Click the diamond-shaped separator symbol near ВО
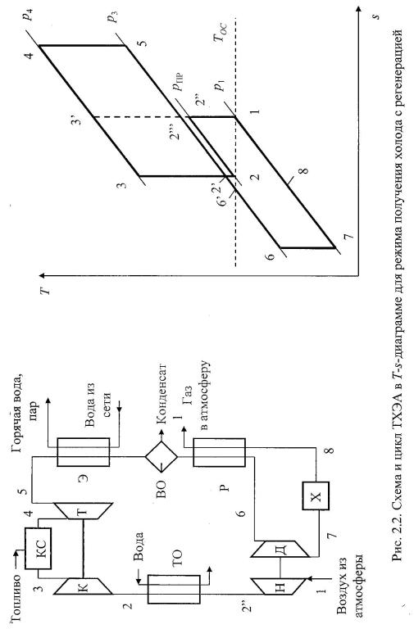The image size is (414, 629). (162, 456)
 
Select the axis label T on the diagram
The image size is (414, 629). (48, 290)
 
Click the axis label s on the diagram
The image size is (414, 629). (375, 16)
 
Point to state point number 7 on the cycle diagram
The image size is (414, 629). (348, 236)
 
